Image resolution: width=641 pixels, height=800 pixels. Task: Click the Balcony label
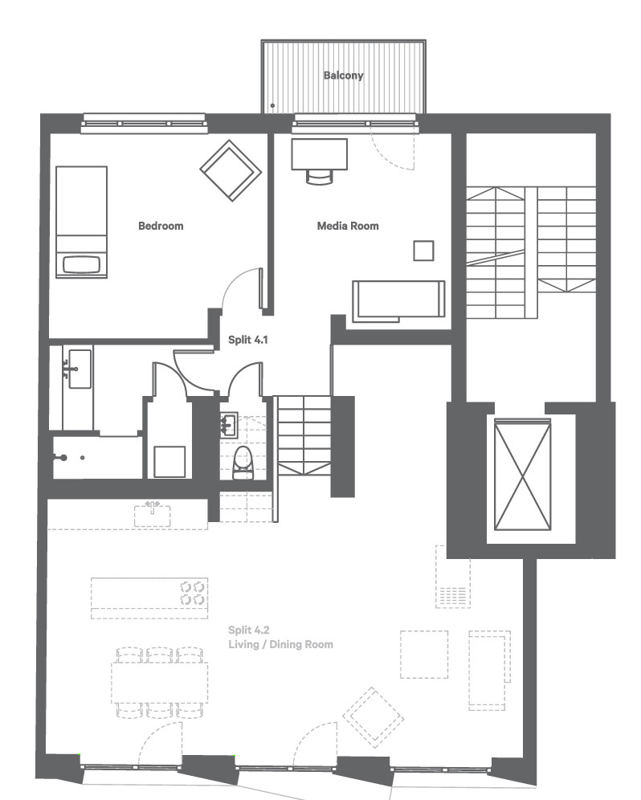click(x=344, y=76)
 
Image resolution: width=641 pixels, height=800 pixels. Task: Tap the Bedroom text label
click(x=161, y=226)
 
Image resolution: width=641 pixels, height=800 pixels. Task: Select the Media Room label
click(x=348, y=226)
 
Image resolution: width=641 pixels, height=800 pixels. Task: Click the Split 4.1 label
click(x=248, y=339)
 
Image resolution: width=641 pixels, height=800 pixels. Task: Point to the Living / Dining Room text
click(x=280, y=644)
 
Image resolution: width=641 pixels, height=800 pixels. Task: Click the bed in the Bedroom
click(x=82, y=222)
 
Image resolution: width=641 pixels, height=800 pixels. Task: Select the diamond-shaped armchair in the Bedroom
click(x=231, y=170)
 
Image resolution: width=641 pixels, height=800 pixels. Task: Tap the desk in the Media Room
click(x=320, y=154)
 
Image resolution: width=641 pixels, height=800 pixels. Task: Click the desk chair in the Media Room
click(x=320, y=177)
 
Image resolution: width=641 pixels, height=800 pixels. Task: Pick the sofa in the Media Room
click(x=398, y=300)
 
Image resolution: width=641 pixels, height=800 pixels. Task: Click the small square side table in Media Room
click(x=423, y=251)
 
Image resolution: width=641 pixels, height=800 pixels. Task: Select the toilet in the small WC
click(x=243, y=463)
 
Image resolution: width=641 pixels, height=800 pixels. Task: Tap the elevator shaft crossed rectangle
click(x=523, y=475)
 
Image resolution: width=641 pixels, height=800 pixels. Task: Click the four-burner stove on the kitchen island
click(x=193, y=593)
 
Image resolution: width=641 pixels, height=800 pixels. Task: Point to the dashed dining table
click(x=160, y=683)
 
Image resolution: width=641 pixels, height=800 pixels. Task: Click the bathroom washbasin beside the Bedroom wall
click(x=80, y=369)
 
